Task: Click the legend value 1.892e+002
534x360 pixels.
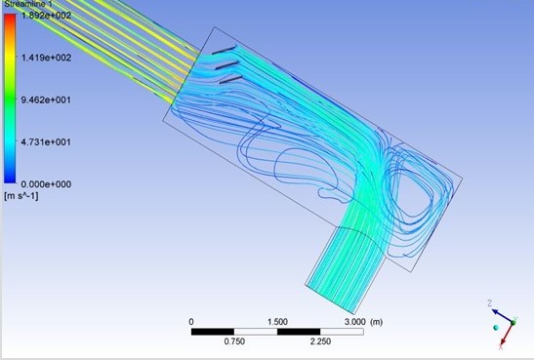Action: pyautogui.click(x=46, y=16)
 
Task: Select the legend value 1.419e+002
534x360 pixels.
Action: pyautogui.click(x=46, y=58)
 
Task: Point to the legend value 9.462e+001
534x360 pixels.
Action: pyautogui.click(x=46, y=100)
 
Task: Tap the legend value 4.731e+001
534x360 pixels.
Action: pyautogui.click(x=46, y=141)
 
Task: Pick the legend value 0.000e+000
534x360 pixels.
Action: pyautogui.click(x=46, y=184)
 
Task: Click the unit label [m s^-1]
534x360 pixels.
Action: pyautogui.click(x=21, y=196)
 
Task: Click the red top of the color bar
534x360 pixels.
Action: pyautogui.click(x=10, y=18)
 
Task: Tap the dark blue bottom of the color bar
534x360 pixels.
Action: pyautogui.click(x=10, y=179)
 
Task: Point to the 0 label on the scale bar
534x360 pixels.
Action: pyautogui.click(x=191, y=322)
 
